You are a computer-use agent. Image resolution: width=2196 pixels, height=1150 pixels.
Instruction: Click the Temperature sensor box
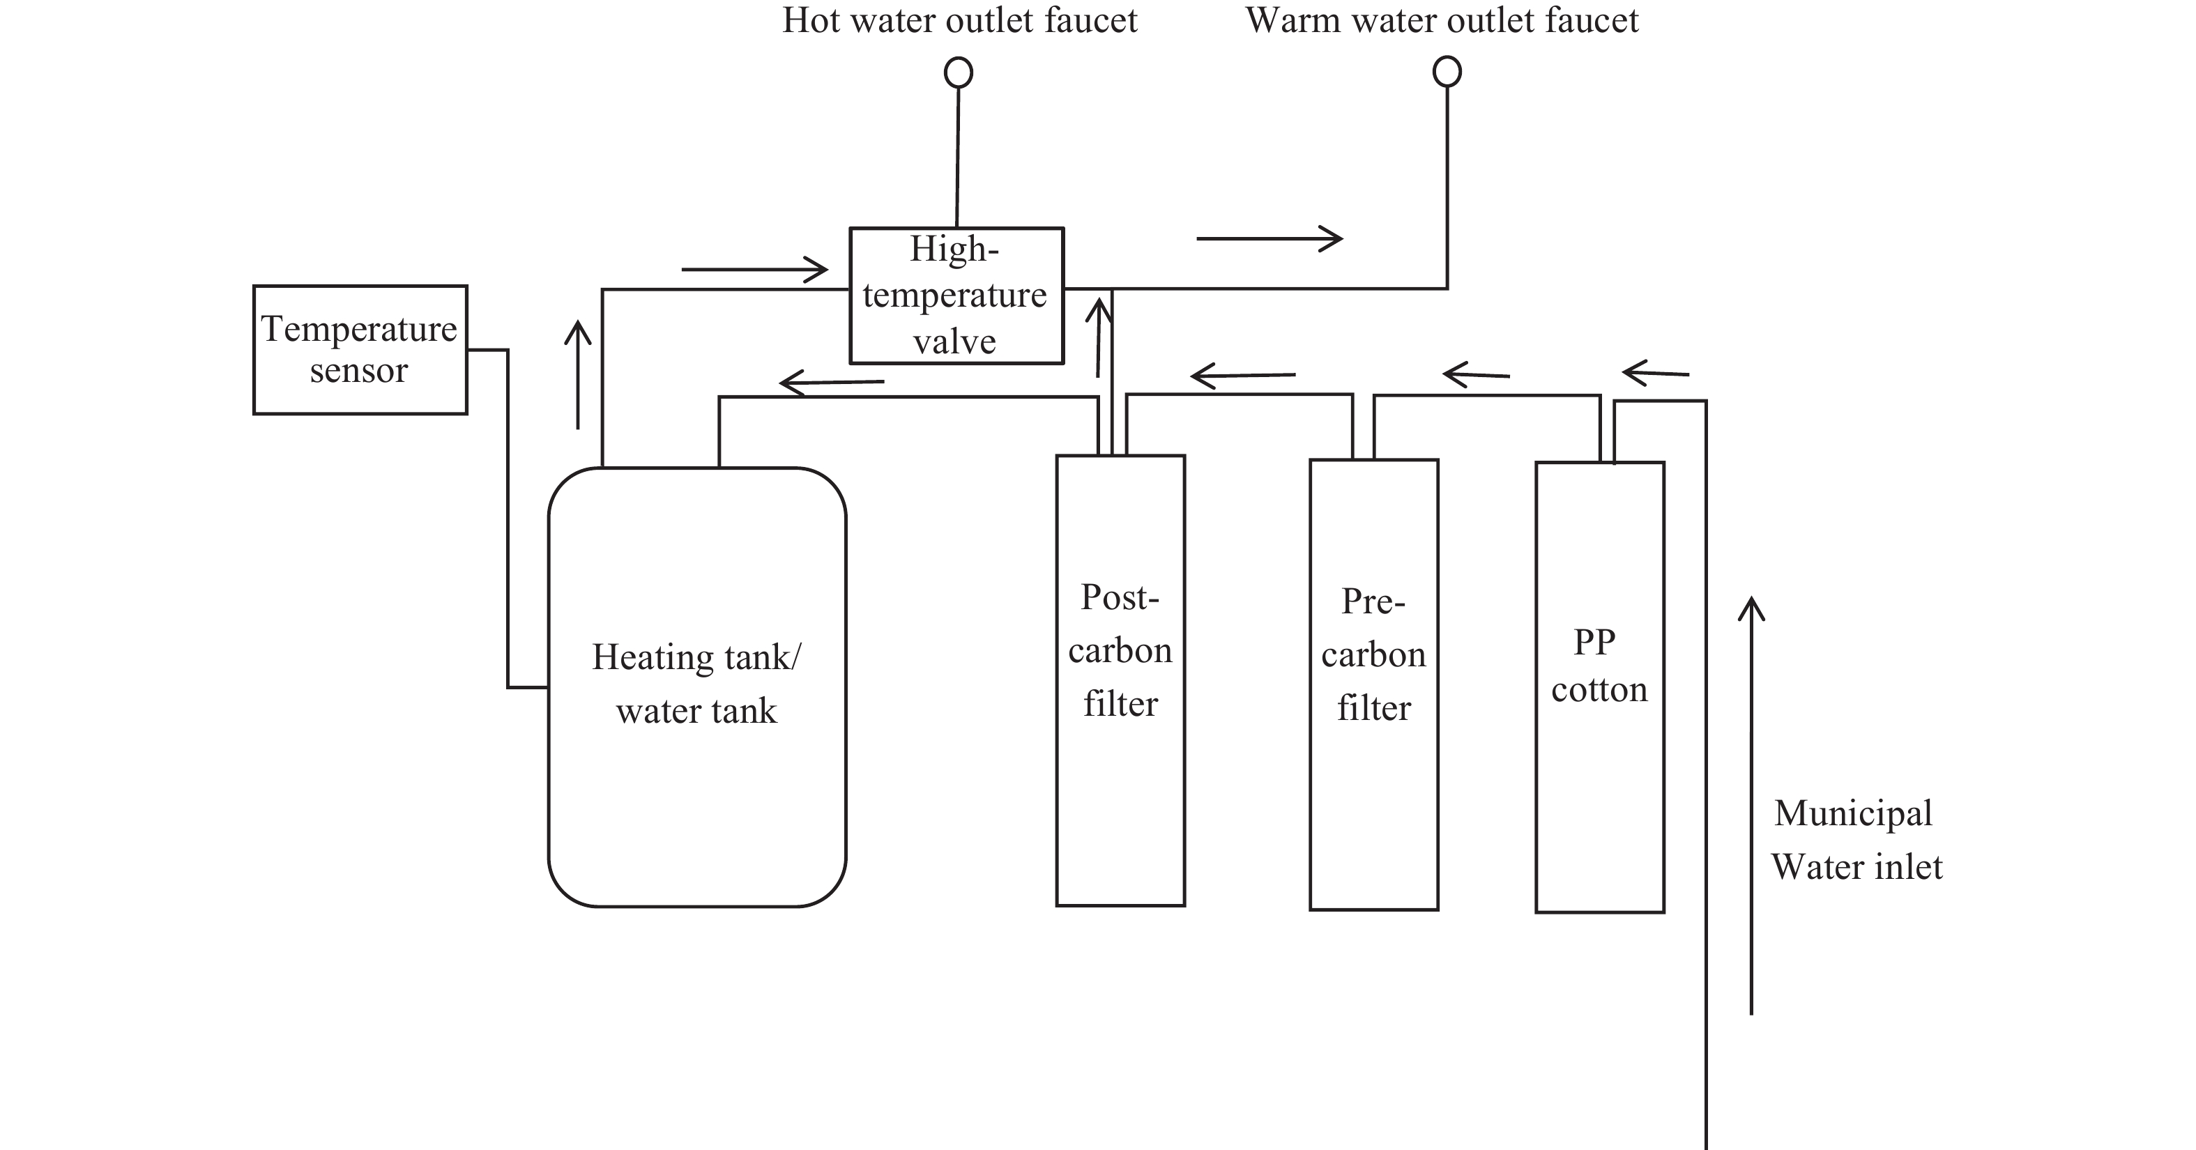point(360,349)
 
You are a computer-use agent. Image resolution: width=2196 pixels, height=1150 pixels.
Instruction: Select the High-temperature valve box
point(956,295)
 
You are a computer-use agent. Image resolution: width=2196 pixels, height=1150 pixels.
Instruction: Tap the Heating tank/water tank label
point(696,684)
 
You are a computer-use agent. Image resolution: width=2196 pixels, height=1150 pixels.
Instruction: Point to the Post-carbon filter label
point(1120,650)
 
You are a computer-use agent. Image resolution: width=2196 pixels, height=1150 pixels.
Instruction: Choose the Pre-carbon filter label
point(1373,654)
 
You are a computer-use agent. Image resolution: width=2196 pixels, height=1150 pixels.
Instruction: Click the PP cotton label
point(1599,666)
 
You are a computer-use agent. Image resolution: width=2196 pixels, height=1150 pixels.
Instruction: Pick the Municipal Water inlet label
point(1856,840)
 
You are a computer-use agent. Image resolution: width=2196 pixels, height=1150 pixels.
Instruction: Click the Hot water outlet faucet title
point(960,20)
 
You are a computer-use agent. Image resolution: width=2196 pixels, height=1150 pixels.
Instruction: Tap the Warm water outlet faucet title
point(1442,20)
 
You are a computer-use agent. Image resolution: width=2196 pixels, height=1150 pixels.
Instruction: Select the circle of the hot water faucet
point(958,72)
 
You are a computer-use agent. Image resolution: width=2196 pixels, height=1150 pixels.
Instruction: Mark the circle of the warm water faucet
point(1447,72)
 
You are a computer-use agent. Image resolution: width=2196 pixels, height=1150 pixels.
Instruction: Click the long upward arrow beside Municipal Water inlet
point(1751,805)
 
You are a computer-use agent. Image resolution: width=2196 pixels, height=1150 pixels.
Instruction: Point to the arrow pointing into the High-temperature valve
point(754,270)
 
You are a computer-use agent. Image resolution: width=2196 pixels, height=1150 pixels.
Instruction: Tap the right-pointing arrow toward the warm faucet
point(1269,238)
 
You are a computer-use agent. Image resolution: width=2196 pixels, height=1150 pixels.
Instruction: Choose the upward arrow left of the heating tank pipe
point(578,374)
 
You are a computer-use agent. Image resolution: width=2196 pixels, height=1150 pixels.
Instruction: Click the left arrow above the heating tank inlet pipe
point(832,383)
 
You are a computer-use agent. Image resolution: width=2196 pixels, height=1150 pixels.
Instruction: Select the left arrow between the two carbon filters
point(1243,375)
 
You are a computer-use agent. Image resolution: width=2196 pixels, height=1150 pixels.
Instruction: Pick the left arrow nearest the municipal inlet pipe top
point(1655,373)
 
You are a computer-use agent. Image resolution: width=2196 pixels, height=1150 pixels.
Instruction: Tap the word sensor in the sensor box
point(359,371)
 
